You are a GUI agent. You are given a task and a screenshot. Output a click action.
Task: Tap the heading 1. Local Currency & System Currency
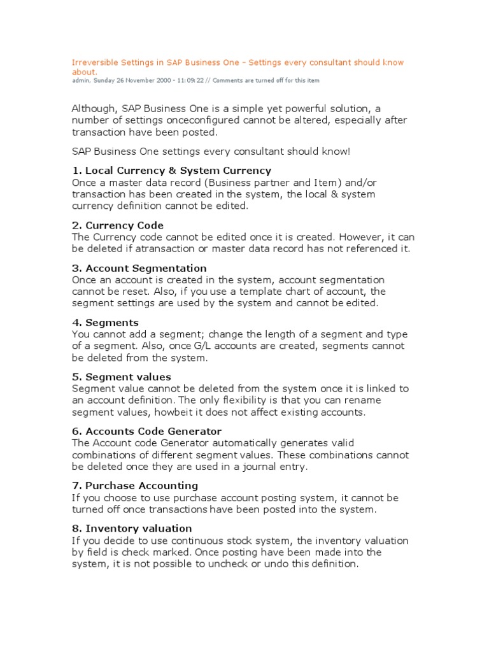click(171, 171)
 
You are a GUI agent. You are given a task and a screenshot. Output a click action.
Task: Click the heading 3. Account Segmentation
click(139, 268)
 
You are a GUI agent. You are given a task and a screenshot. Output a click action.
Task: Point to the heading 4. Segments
click(105, 323)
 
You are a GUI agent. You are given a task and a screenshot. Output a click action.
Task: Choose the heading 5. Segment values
click(122, 377)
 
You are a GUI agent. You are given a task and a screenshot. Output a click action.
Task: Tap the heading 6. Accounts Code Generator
click(146, 431)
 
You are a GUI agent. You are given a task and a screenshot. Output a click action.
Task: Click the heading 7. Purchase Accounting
click(135, 486)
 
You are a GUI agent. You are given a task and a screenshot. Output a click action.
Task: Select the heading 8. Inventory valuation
click(132, 528)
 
